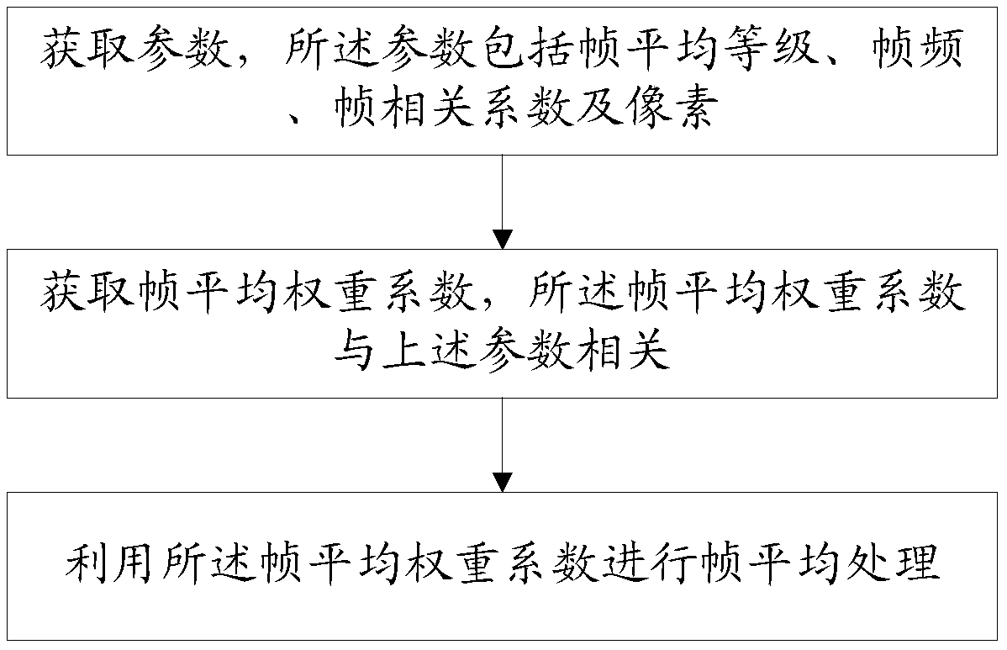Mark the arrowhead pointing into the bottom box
pyautogui.click(x=502, y=482)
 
